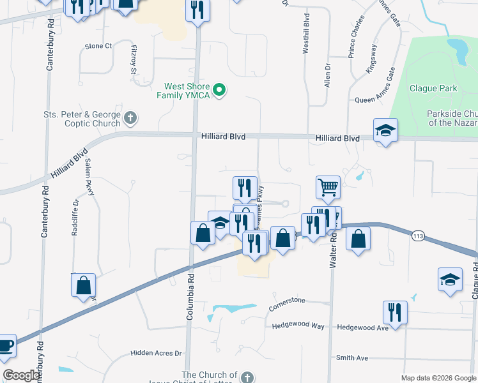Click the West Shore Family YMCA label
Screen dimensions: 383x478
187,91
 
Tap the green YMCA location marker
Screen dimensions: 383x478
220,91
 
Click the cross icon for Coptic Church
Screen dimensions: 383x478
130,118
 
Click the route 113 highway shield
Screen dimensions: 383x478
418,236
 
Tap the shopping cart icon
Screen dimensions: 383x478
327,187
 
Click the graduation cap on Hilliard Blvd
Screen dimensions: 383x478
385,130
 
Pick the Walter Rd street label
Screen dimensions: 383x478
333,250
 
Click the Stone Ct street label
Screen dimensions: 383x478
98,46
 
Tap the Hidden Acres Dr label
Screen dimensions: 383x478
156,353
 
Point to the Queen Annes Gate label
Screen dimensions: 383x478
378,100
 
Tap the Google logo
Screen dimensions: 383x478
21,375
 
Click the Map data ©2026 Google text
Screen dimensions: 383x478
438,378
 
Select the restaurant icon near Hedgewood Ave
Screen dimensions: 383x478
395,312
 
